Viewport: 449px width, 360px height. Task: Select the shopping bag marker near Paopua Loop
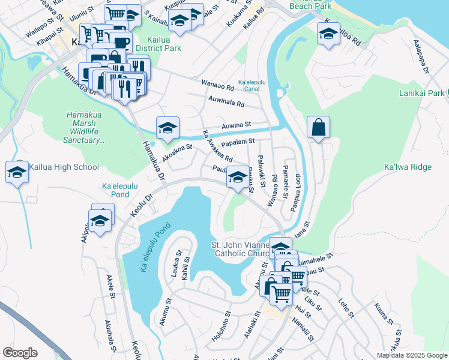(318, 128)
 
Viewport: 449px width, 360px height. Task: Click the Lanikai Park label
(423, 93)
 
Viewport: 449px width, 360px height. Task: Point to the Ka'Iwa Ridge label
(403, 178)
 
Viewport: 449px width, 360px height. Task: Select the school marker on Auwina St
(167, 128)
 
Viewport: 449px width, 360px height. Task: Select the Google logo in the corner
(20, 353)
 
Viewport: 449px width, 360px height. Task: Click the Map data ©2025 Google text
(411, 355)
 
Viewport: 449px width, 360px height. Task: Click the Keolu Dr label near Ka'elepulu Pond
(142, 206)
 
